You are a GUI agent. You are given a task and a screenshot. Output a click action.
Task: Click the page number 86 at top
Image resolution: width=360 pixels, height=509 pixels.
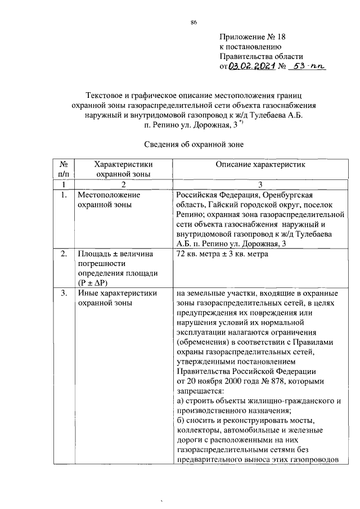193,22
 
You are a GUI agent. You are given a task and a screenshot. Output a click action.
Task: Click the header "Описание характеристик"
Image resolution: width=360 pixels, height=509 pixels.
260,164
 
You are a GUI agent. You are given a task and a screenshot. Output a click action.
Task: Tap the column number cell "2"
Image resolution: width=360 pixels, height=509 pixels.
124,184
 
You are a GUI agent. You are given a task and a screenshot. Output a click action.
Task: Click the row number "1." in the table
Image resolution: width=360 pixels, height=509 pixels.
65,195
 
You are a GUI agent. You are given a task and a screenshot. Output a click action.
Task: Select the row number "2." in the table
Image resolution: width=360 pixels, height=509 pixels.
65,254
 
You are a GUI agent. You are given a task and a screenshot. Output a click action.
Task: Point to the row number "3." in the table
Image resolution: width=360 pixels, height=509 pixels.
65,293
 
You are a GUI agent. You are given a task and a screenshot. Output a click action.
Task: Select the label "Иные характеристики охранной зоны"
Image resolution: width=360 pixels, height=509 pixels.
117,298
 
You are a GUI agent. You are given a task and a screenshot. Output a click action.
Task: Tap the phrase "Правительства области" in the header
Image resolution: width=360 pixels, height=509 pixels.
262,57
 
